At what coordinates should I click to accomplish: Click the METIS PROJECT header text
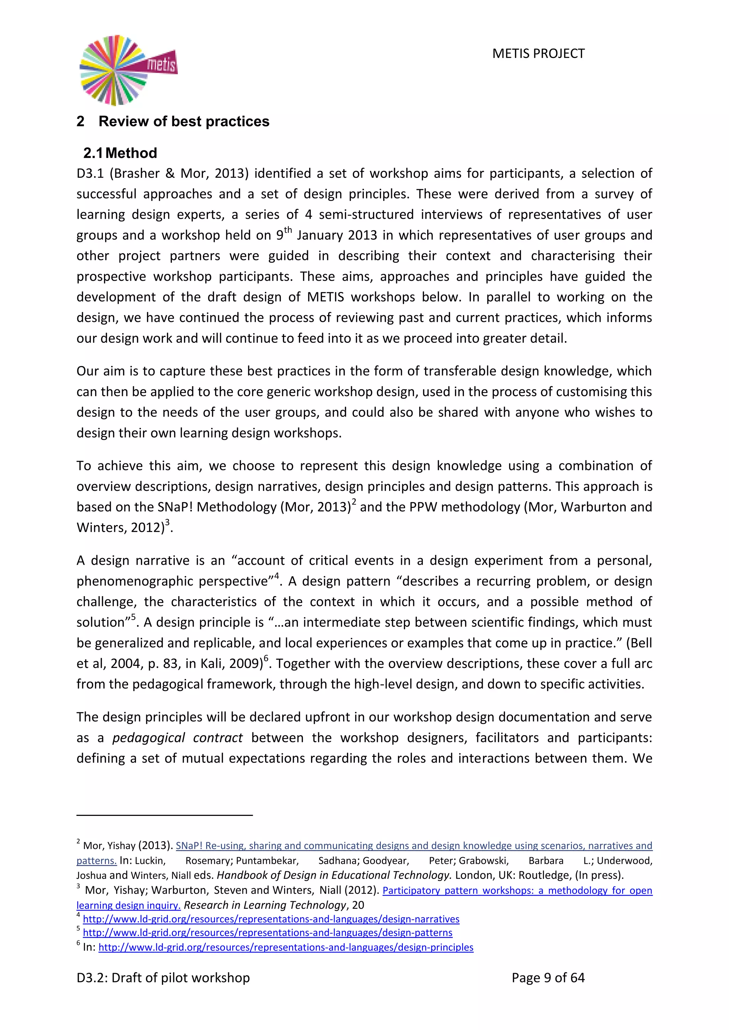point(538,53)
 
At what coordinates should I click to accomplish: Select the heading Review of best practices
point(184,121)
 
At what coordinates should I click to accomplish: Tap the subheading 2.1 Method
point(120,153)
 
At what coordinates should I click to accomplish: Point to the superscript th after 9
point(288,230)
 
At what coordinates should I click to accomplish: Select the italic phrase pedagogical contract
point(177,738)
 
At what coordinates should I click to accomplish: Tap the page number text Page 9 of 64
point(548,977)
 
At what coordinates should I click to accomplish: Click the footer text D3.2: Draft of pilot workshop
point(163,977)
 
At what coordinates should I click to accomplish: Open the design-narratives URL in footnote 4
point(271,919)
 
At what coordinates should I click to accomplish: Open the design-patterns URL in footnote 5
point(268,933)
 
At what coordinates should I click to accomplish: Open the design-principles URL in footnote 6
point(286,947)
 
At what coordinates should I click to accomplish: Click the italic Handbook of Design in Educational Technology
point(334,875)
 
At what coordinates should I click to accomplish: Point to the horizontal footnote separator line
point(164,814)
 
